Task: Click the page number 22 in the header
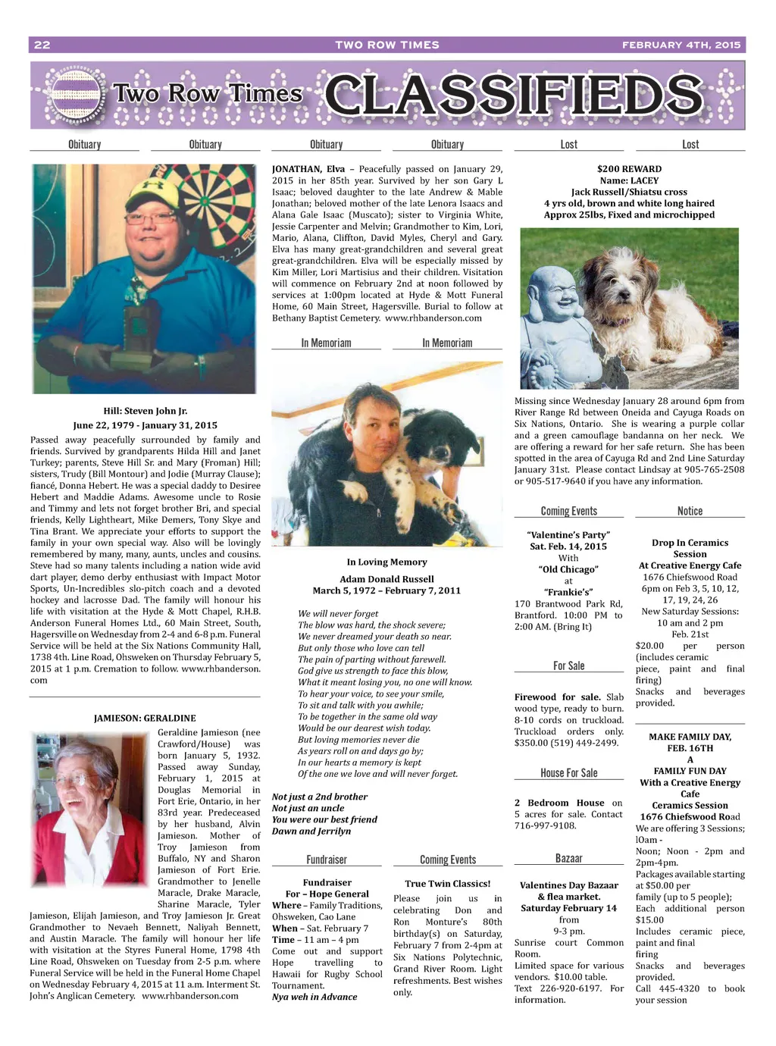(x=42, y=45)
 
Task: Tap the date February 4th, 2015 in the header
(x=681, y=45)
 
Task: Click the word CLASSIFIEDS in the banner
(x=514, y=96)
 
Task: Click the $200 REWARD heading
(x=629, y=169)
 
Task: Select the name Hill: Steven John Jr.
(x=145, y=411)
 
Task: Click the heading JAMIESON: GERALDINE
(x=145, y=718)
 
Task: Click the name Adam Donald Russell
(x=386, y=579)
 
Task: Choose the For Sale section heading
(x=568, y=665)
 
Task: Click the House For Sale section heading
(x=568, y=773)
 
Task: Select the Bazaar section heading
(x=568, y=858)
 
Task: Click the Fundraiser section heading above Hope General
(x=327, y=860)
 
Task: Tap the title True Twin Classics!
(x=447, y=883)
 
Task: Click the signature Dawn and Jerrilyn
(x=311, y=831)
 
